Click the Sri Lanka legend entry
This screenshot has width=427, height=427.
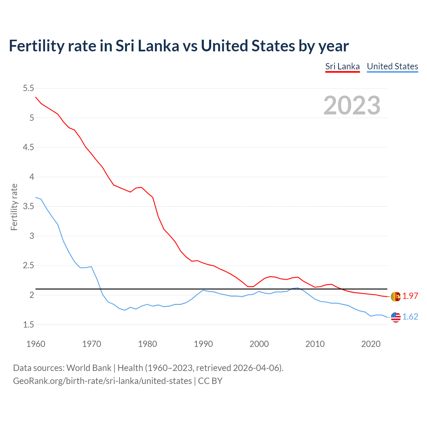pyautogui.click(x=342, y=66)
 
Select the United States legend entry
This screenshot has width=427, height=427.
pyautogui.click(x=392, y=66)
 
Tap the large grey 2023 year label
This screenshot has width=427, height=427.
pyautogui.click(x=352, y=105)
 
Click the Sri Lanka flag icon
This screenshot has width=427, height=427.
pyautogui.click(x=396, y=296)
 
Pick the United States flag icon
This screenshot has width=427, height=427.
pyautogui.click(x=396, y=317)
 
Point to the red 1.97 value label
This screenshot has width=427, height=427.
pyautogui.click(x=410, y=296)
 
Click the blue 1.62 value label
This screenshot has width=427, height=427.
pyautogui.click(x=410, y=317)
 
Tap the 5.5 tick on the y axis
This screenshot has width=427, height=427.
pyautogui.click(x=28, y=88)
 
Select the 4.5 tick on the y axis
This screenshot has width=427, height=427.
pyautogui.click(x=28, y=147)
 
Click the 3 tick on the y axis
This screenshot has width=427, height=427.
pyautogui.click(x=32, y=236)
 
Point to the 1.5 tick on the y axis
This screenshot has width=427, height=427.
pyautogui.click(x=28, y=325)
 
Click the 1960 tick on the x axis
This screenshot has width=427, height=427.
pyautogui.click(x=36, y=344)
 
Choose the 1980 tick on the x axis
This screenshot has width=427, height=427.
pyautogui.click(x=147, y=344)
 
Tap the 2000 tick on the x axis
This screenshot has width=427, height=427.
pyautogui.click(x=259, y=344)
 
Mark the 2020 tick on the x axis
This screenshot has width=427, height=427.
pyautogui.click(x=371, y=344)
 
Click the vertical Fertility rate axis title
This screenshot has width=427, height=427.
pyautogui.click(x=14, y=207)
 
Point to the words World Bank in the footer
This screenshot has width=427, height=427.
pyautogui.click(x=89, y=368)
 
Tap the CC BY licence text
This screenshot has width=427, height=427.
pyautogui.click(x=210, y=381)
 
